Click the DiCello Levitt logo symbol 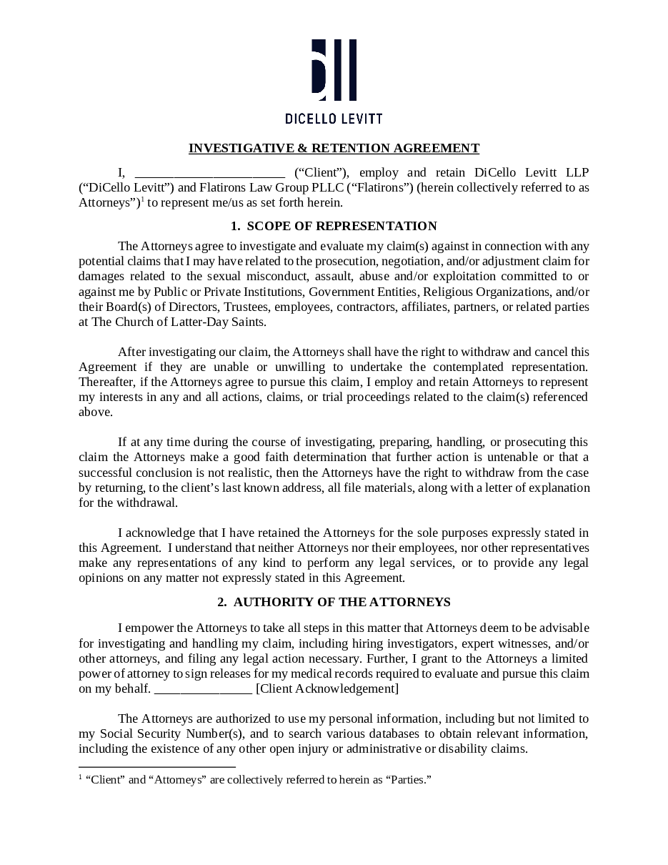pyautogui.click(x=334, y=70)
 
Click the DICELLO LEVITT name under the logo pyautogui.click(x=334, y=118)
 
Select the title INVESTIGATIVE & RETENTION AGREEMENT pyautogui.click(x=334, y=148)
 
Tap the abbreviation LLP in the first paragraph pyautogui.click(x=577, y=172)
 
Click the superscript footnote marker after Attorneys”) pyautogui.click(x=142, y=201)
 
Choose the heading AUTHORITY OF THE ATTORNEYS pyautogui.click(x=342, y=602)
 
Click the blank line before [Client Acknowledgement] pyautogui.click(x=203, y=689)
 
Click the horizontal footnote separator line pyautogui.click(x=156, y=766)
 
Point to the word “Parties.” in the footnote pyautogui.click(x=409, y=779)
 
